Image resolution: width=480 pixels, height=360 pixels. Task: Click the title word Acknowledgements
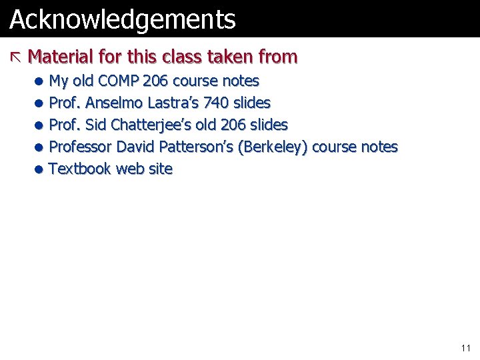pos(123,20)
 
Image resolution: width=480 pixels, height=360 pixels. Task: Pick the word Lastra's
pos(175,103)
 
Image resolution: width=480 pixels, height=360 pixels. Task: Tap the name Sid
pos(97,125)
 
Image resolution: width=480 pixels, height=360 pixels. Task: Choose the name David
pos(136,147)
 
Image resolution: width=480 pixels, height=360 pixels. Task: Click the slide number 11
pos(465,348)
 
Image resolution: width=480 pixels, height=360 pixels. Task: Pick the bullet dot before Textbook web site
pos(40,169)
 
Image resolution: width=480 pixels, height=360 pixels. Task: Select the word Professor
pos(81,147)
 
